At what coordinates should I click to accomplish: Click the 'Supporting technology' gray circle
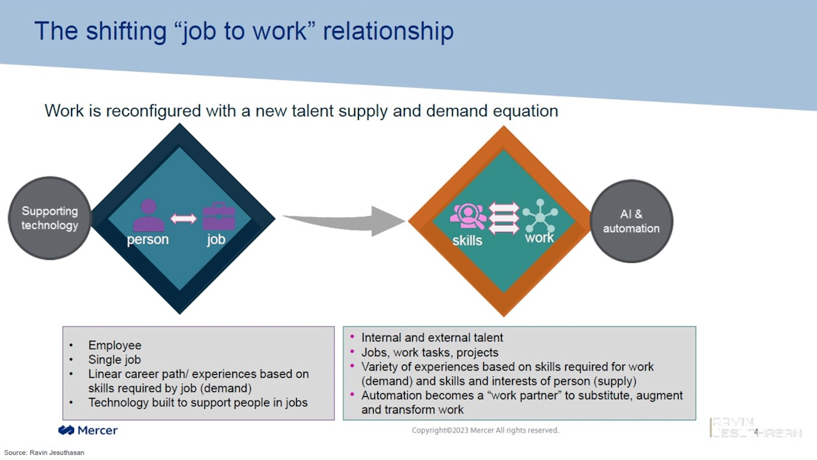click(x=50, y=218)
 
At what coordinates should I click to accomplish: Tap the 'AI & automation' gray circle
click(x=631, y=221)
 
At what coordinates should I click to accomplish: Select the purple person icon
click(x=148, y=215)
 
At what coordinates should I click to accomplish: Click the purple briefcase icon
click(x=218, y=216)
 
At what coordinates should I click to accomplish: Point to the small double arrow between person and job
click(x=184, y=219)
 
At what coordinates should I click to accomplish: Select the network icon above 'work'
click(x=539, y=216)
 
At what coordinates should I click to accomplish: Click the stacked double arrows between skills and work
click(x=504, y=219)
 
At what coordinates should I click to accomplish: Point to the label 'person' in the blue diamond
click(x=148, y=239)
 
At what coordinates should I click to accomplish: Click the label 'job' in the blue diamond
click(x=216, y=239)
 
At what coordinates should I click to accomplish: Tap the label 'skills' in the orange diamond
click(x=467, y=240)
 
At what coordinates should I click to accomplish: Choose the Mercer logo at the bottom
click(x=88, y=430)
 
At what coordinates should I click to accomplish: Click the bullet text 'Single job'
click(x=115, y=359)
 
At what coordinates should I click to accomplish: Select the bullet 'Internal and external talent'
click(x=432, y=338)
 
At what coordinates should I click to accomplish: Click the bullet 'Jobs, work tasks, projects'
click(x=430, y=353)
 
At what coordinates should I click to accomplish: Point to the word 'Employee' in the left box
click(x=115, y=345)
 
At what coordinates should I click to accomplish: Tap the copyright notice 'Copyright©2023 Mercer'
click(x=485, y=430)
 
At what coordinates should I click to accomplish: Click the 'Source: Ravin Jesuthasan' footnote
click(x=44, y=453)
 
